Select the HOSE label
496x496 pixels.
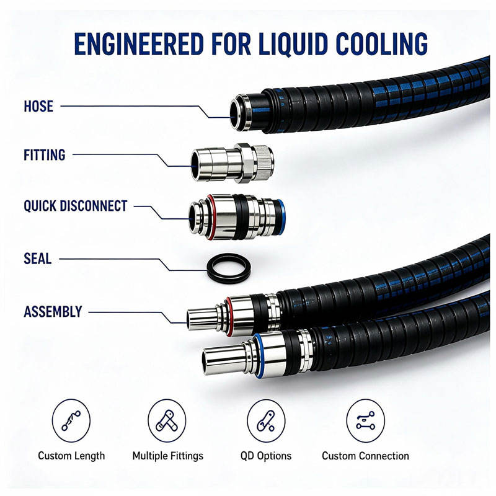point(38,106)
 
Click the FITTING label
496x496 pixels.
point(45,155)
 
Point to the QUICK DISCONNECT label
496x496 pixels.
point(76,206)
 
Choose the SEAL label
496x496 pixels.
point(38,259)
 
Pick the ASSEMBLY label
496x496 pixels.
point(53,312)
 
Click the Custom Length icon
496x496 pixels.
point(71,420)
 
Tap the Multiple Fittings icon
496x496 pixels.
point(167,420)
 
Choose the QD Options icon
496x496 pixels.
point(266,420)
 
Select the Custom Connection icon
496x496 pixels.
point(366,420)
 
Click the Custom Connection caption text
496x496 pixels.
point(365,456)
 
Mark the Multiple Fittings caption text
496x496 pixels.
point(168,456)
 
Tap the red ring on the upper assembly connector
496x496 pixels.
point(229,316)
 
